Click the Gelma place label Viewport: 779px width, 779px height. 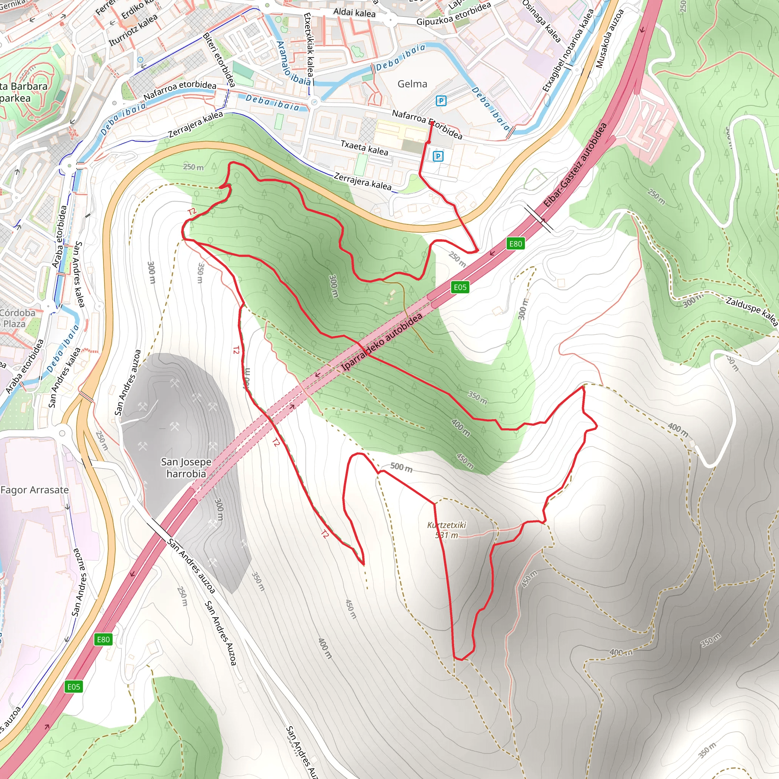(x=412, y=84)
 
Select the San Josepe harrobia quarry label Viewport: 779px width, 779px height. (x=186, y=468)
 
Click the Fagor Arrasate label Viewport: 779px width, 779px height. (x=35, y=490)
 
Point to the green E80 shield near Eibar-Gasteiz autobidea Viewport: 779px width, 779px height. (x=515, y=243)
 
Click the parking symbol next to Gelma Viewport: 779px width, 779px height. (x=441, y=101)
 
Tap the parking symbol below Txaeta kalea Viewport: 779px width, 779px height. (x=438, y=156)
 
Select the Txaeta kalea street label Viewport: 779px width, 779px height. (x=364, y=148)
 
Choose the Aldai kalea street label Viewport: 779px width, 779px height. (x=355, y=13)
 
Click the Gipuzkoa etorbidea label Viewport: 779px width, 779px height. (x=454, y=14)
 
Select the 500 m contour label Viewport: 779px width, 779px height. (x=401, y=467)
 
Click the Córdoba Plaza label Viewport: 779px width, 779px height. (x=16, y=318)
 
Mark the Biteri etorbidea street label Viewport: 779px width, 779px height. (x=219, y=60)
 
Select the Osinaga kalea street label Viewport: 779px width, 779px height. (x=541, y=21)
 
